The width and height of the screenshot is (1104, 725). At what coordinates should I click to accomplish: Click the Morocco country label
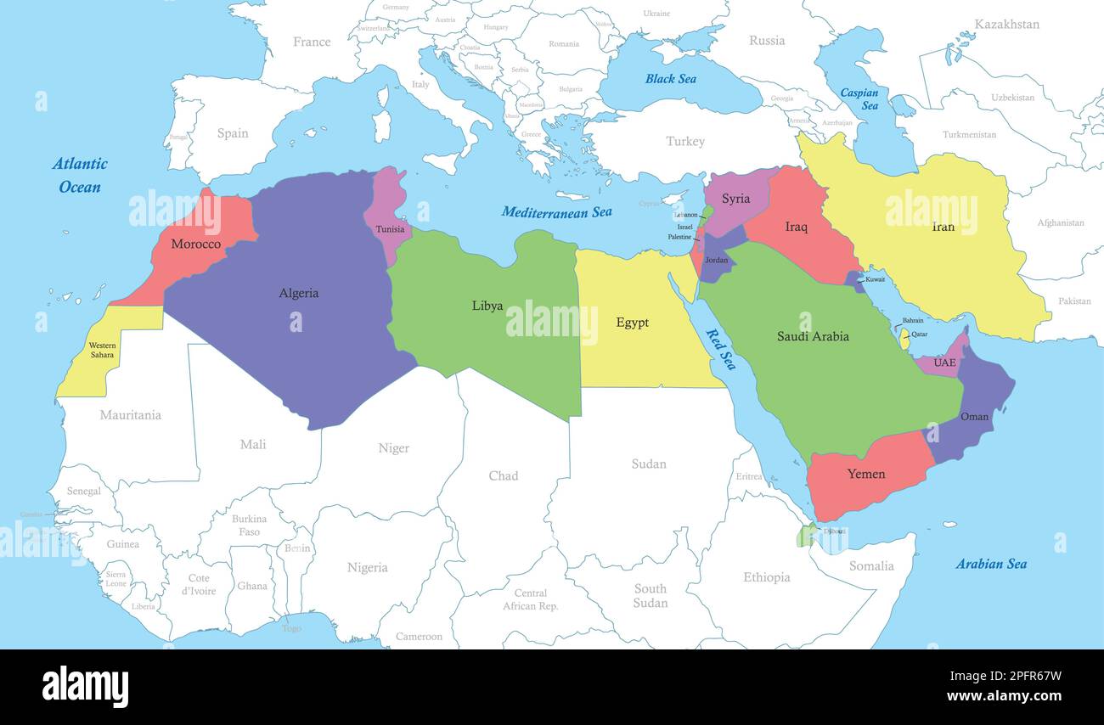click(195, 244)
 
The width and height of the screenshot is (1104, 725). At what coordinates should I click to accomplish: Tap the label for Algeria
click(299, 293)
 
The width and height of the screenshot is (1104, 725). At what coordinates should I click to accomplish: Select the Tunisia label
click(390, 229)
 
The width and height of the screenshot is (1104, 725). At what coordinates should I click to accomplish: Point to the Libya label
click(487, 306)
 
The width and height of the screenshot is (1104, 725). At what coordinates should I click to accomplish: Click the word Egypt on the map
click(632, 323)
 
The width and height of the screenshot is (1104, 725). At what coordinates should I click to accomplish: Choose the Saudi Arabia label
click(813, 336)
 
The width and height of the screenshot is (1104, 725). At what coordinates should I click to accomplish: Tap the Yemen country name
click(866, 474)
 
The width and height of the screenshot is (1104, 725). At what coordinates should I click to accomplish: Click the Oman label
click(974, 417)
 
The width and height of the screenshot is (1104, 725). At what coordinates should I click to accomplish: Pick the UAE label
click(944, 363)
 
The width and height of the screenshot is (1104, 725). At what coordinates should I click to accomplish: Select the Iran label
click(943, 227)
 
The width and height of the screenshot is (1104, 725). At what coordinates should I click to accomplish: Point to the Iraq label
click(796, 227)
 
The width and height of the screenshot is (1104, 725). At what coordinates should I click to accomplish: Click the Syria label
click(735, 199)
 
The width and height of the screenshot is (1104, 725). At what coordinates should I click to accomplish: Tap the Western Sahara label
click(103, 350)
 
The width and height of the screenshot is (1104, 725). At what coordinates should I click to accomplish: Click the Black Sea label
click(670, 79)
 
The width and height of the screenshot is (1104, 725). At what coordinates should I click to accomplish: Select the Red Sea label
click(721, 349)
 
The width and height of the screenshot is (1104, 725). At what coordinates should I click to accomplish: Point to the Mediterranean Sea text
click(556, 212)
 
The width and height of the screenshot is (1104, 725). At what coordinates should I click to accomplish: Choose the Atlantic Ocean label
click(80, 175)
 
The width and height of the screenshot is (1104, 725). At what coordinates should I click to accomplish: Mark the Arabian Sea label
click(991, 564)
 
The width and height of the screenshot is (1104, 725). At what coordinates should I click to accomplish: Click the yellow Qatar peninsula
click(904, 338)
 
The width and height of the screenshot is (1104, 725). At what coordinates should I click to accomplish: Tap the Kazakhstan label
click(1006, 25)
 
